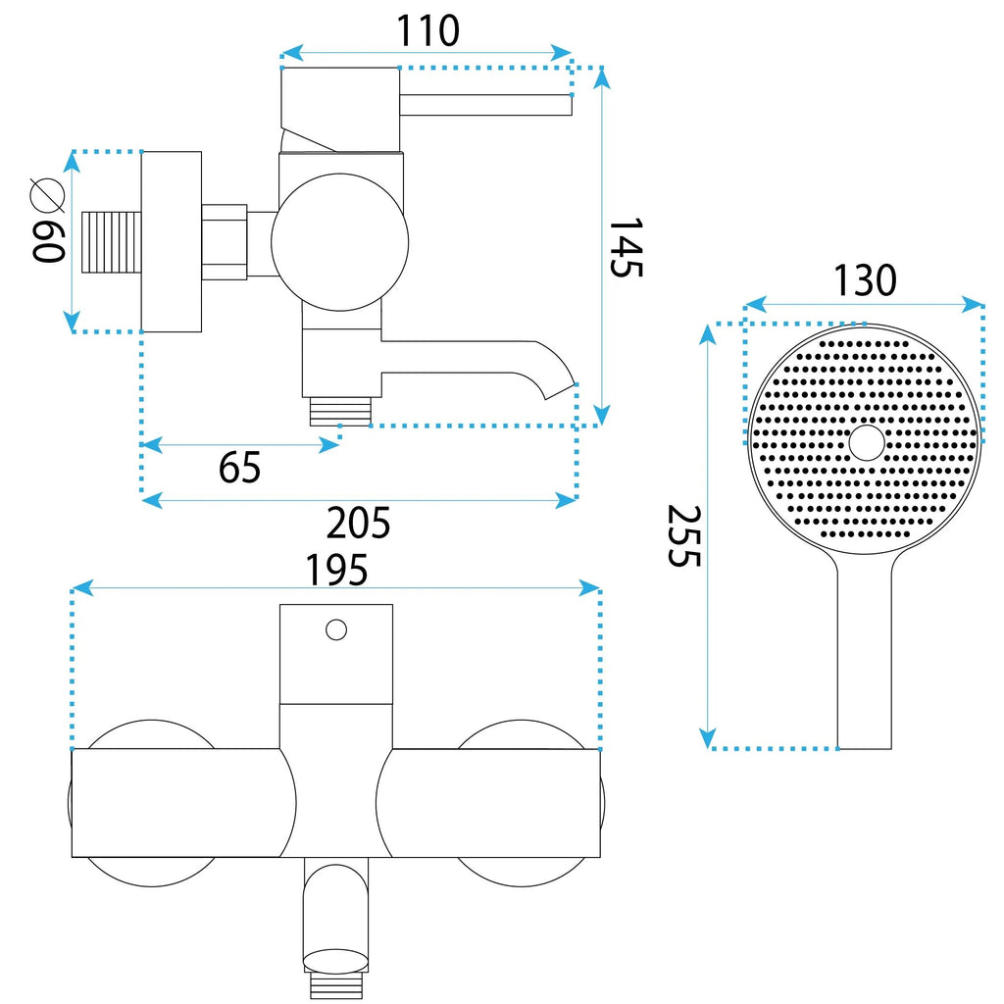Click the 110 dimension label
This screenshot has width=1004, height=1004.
coord(427,30)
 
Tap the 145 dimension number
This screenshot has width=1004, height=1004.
coord(626,248)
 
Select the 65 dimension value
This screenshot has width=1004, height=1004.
coord(239,468)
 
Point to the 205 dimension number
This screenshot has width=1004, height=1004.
coord(358,524)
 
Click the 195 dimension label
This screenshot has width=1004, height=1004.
coord(337,570)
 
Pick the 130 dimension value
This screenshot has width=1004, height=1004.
coord(865,280)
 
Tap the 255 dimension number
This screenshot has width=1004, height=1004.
coord(684,536)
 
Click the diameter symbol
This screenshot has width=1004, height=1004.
coord(48,195)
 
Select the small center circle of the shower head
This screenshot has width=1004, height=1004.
coord(867,442)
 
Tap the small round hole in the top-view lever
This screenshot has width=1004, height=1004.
coord(336,630)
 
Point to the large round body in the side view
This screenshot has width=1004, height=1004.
coord(339,242)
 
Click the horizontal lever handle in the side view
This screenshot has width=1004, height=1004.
coord(485,105)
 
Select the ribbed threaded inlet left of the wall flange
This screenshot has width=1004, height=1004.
coord(112,242)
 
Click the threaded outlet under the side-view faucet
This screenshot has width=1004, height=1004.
coord(340,411)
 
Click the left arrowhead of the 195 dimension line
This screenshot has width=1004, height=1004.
coord(82,587)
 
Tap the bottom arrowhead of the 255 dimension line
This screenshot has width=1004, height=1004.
coord(708,738)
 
